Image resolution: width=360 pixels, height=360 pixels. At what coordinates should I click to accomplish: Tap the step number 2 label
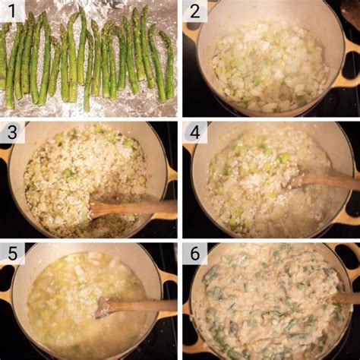[x=195, y=11]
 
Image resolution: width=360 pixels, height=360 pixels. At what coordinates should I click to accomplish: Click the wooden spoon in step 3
[x=129, y=207]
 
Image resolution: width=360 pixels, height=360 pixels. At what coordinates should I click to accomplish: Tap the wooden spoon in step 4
[x=323, y=181]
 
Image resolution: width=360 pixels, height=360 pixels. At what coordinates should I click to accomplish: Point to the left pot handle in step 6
[x=188, y=346]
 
